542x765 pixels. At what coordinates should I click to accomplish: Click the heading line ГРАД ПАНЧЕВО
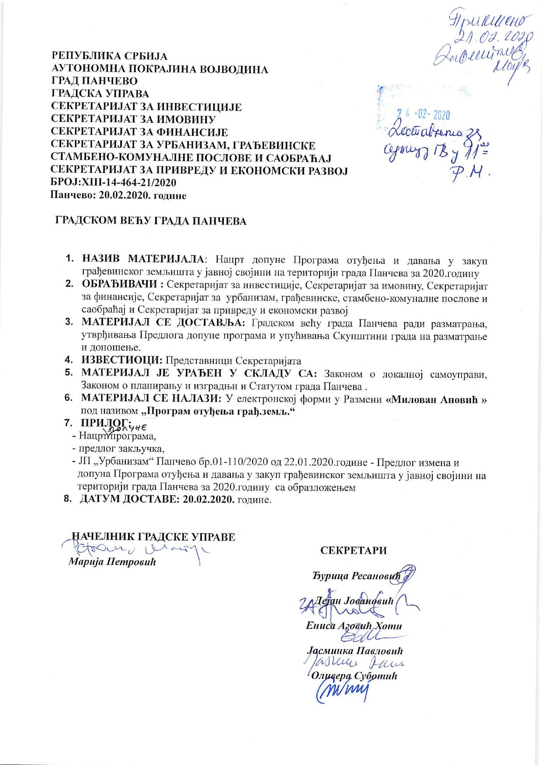(94, 81)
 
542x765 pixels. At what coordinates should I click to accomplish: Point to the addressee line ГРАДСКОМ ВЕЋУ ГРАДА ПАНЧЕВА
(150, 221)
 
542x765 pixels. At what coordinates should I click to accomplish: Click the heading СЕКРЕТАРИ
(354, 551)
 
